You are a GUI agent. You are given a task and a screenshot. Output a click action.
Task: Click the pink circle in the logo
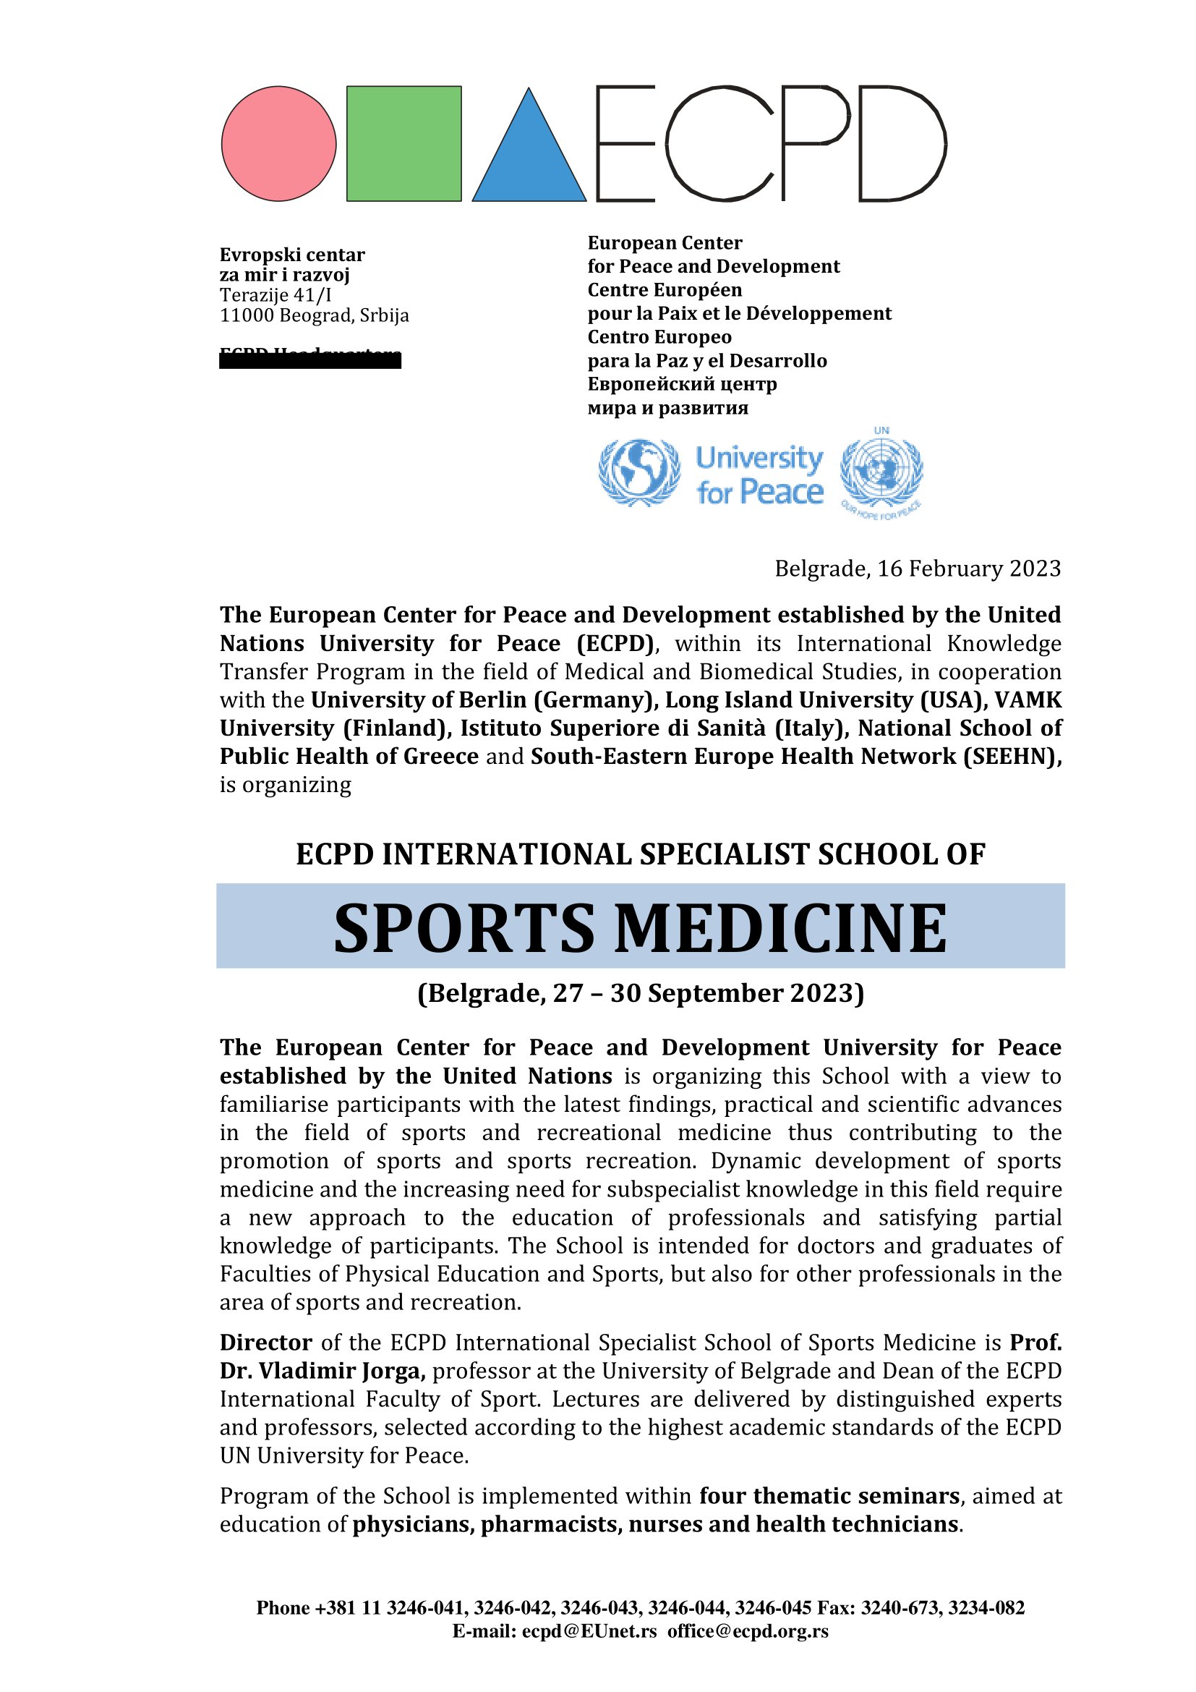[278, 144]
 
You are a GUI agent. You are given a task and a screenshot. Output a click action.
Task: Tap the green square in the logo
[403, 144]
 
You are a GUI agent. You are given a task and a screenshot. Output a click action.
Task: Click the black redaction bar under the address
[310, 360]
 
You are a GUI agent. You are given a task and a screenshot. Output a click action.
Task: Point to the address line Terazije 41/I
[275, 296]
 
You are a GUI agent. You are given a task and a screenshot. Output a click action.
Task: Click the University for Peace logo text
[759, 475]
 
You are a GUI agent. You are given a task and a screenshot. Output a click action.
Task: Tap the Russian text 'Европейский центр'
[682, 385]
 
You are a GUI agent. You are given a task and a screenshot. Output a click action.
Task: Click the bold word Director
[266, 1343]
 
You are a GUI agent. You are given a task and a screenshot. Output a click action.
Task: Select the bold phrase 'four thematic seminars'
[829, 1496]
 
